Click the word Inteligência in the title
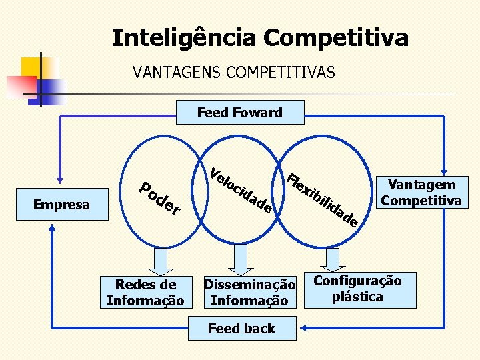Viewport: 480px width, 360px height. tap(184, 38)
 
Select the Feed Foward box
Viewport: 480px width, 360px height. tap(240, 112)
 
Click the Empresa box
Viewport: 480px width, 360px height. tap(61, 204)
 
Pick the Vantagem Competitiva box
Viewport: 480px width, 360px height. tap(421, 193)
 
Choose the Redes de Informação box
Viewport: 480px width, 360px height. tap(145, 293)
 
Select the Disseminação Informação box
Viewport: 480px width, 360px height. tap(249, 293)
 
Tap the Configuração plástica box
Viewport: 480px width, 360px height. tap(357, 289)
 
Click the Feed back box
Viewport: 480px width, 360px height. tap(241, 328)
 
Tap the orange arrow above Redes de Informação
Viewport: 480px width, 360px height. tap(159, 261)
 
